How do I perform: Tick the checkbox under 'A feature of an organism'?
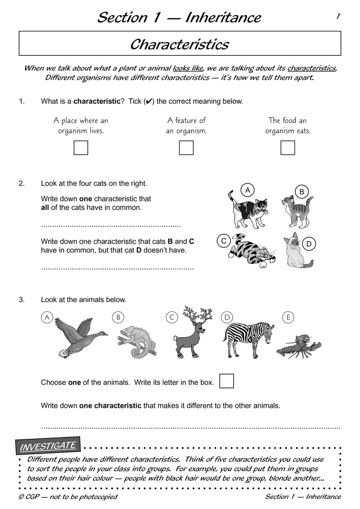click(186, 148)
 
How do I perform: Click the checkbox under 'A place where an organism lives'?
click(81, 148)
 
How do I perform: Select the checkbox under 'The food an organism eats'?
click(288, 148)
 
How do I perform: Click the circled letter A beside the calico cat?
click(248, 190)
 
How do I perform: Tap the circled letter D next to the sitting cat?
click(309, 244)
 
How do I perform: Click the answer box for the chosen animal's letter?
click(226, 381)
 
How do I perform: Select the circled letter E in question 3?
click(288, 318)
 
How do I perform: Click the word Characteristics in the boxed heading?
click(179, 44)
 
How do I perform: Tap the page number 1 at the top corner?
click(338, 16)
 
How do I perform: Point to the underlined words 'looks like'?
click(188, 68)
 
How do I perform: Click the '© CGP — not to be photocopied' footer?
click(68, 497)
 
